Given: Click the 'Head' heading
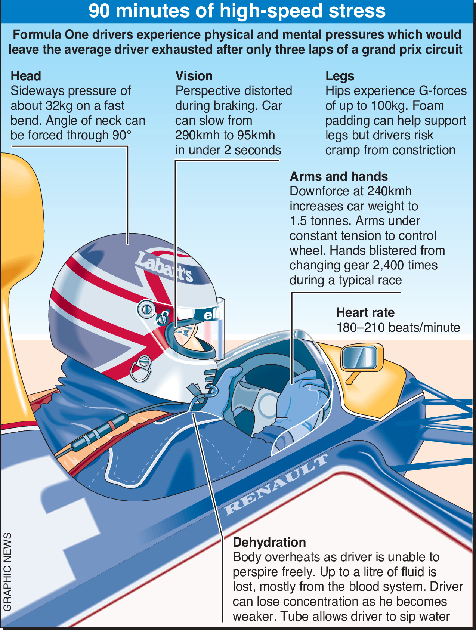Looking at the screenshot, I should [26, 76].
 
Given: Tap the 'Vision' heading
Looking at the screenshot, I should [194, 76].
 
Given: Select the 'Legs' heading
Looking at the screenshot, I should [340, 76].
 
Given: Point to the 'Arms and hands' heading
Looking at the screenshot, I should [339, 176].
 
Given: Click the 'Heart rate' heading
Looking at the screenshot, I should [365, 312].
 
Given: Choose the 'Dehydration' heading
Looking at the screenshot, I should [269, 542].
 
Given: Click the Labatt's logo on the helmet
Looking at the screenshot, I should [164, 267].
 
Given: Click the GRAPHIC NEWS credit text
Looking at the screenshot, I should [7, 572].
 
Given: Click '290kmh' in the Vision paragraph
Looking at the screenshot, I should [197, 135].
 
